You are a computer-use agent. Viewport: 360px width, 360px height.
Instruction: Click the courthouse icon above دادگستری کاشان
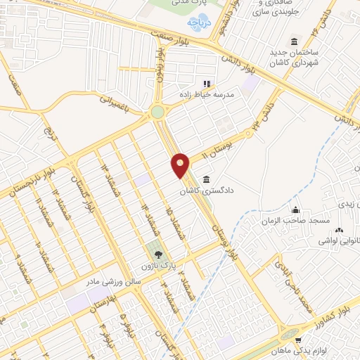[205, 179]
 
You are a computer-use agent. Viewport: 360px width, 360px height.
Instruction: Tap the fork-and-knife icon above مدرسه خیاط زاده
[207, 84]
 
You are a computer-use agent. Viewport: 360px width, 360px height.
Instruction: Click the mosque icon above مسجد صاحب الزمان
[295, 210]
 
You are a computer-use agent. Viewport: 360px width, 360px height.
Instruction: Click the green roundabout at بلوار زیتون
[157, 112]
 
